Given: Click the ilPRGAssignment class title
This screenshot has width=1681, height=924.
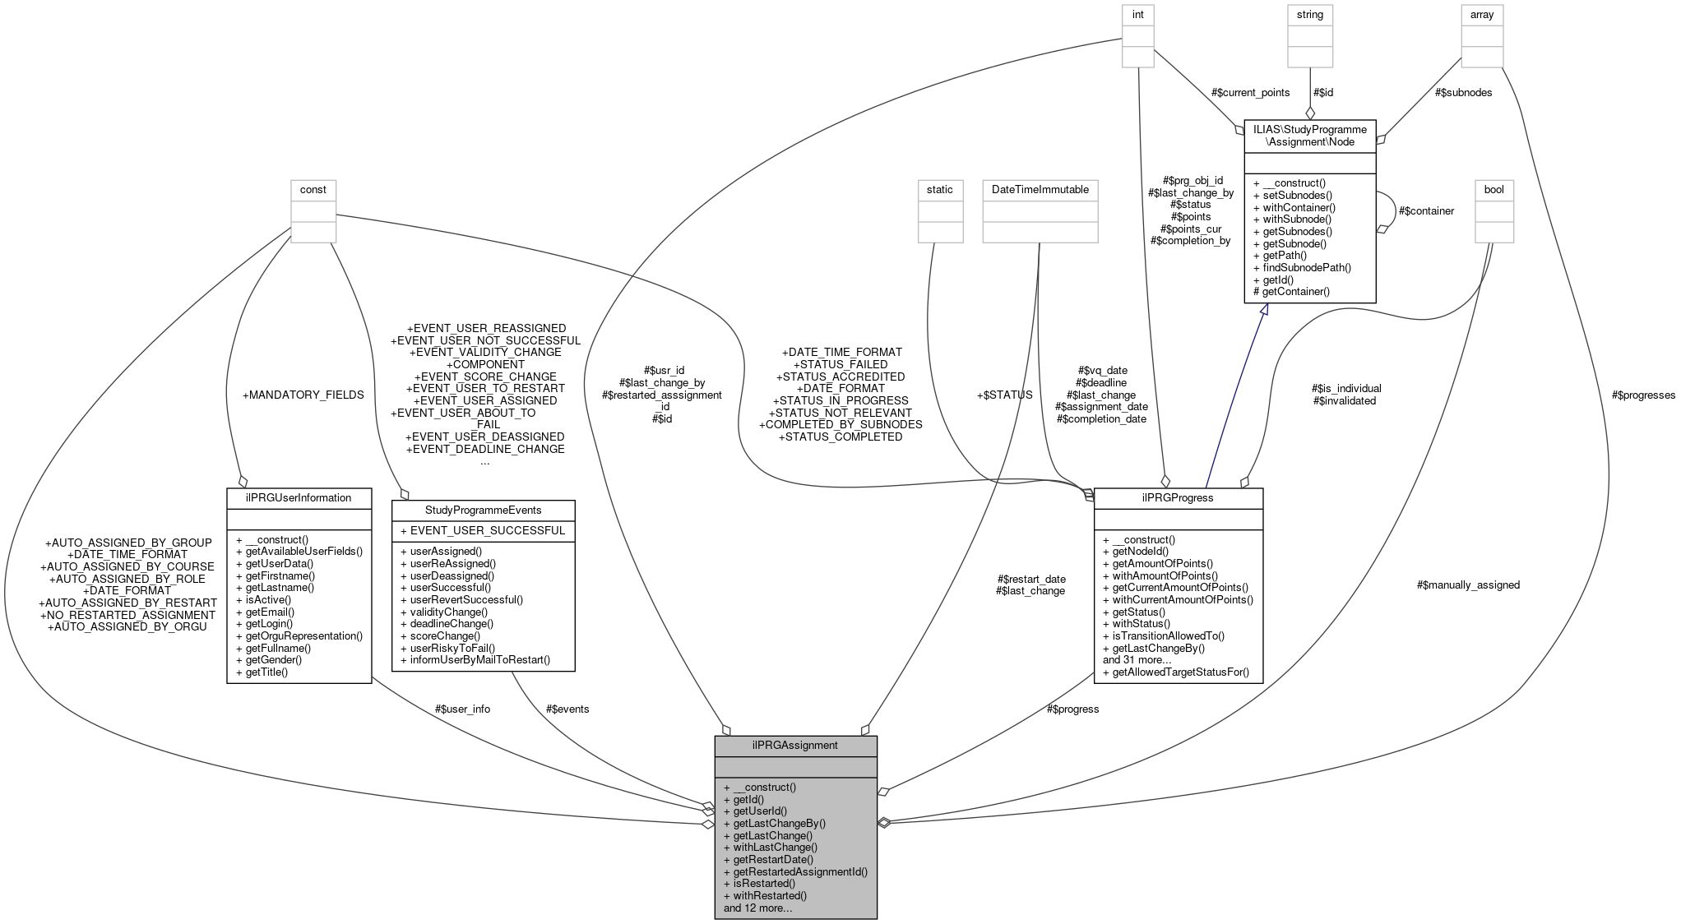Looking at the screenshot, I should click(x=794, y=745).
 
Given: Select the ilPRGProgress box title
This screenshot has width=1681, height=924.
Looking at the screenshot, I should click(x=1177, y=497).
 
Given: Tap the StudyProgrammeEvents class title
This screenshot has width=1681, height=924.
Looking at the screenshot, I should click(x=483, y=510).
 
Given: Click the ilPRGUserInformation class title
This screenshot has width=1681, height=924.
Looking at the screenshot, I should click(x=299, y=497).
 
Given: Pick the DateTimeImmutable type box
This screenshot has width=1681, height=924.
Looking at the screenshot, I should click(x=1040, y=189).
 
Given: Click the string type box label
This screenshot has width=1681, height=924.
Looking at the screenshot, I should click(x=1309, y=14).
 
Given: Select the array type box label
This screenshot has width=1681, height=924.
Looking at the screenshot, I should click(x=1481, y=14).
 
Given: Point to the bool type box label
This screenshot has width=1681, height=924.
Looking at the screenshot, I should click(x=1493, y=189).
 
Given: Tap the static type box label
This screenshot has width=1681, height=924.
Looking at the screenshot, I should click(x=939, y=189).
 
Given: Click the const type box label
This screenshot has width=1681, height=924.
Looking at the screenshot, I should click(x=313, y=189).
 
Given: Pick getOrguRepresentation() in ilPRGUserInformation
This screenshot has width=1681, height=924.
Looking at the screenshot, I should click(x=303, y=635).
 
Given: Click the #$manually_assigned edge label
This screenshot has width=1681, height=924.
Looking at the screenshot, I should click(x=1468, y=584).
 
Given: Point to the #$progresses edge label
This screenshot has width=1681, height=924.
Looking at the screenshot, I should click(x=1643, y=395).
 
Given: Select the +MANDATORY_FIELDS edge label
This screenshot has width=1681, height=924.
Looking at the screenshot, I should click(x=303, y=395).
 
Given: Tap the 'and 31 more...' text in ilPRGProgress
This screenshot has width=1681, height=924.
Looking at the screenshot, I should click(x=1137, y=659).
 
